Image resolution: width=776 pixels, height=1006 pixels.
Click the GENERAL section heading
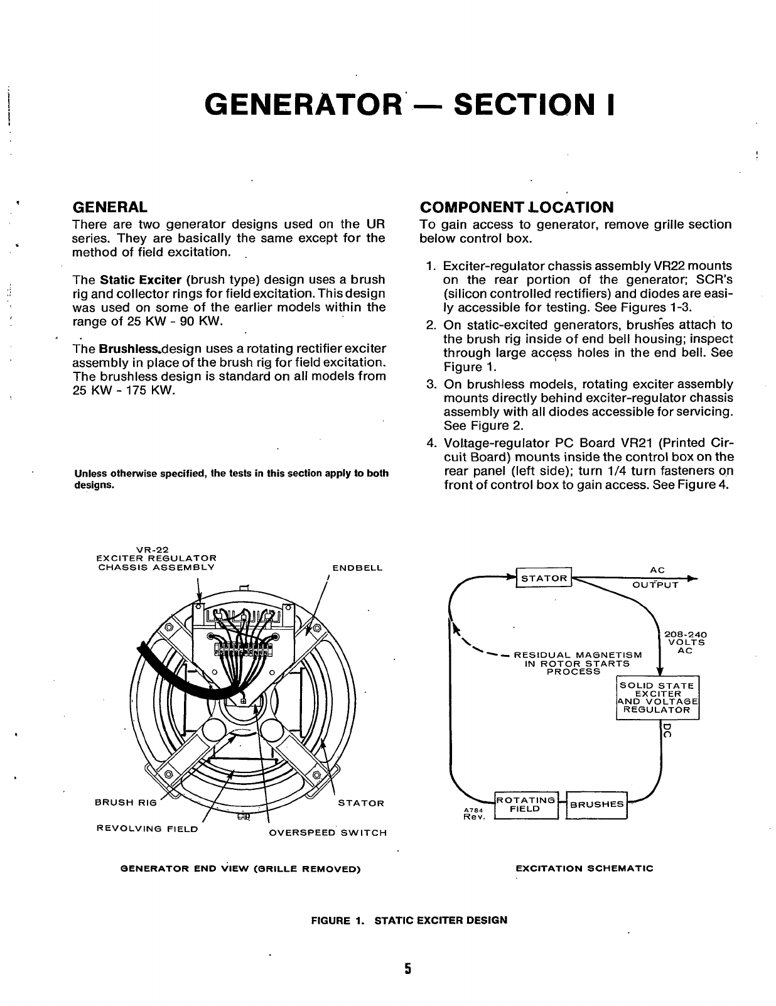tap(110, 207)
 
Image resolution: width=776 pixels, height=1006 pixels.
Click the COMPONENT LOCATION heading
tap(516, 207)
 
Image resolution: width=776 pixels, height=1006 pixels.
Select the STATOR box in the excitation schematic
tap(544, 578)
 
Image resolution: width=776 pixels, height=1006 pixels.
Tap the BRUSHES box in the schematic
tap(596, 804)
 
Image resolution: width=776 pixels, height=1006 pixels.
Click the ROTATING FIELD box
tap(526, 804)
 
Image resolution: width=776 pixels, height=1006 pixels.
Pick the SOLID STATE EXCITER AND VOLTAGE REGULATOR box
tap(657, 698)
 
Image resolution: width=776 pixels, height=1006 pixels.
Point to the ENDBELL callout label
tap(357, 568)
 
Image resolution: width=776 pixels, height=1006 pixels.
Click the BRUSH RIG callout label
tap(124, 803)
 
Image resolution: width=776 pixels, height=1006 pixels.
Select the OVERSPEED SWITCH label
tap(328, 833)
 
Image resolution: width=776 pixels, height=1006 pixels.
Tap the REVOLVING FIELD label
tap(147, 829)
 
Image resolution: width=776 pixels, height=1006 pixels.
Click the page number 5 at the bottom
tap(407, 969)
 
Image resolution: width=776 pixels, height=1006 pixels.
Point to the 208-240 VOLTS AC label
tap(686, 642)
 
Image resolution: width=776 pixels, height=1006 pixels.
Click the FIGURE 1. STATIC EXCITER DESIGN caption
tap(409, 921)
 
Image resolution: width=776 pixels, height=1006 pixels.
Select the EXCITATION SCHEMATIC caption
tap(584, 868)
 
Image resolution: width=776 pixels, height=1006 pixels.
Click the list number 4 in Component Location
tap(431, 443)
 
